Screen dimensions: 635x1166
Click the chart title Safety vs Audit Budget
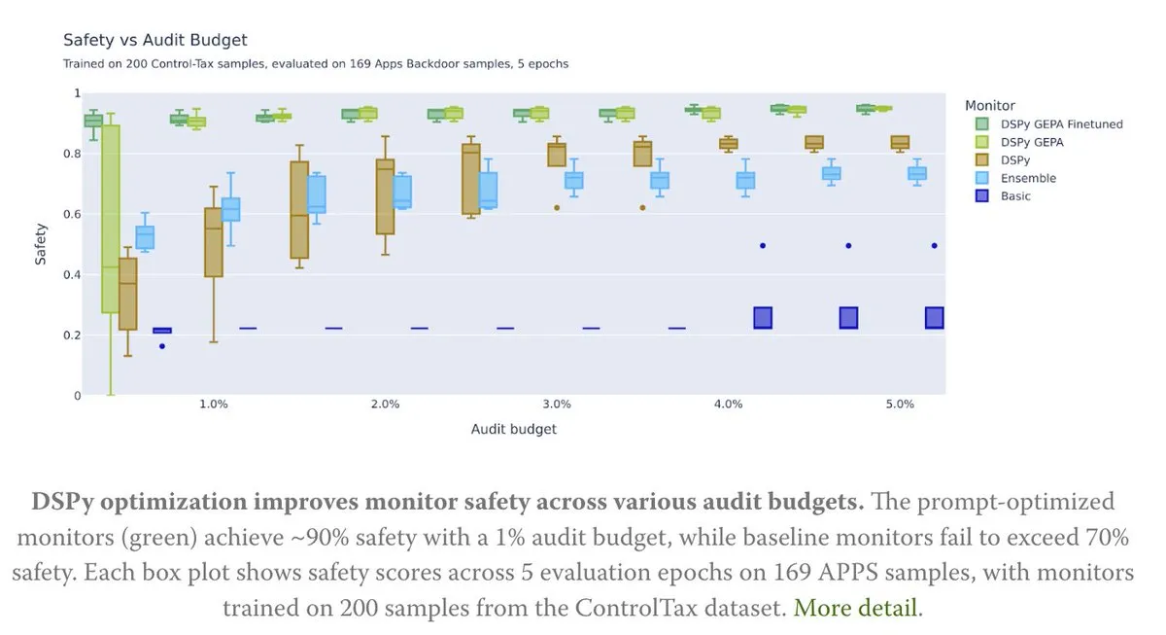pyautogui.click(x=155, y=40)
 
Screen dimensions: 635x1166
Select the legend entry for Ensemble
pyautogui.click(x=1029, y=179)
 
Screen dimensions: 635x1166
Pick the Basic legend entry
pyautogui.click(x=1016, y=196)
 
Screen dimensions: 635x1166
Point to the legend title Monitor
pyautogui.click(x=990, y=105)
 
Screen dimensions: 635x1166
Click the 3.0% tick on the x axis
pyautogui.click(x=557, y=405)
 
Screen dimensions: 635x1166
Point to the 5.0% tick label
pyautogui.click(x=900, y=405)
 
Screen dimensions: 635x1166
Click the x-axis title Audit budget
pyautogui.click(x=514, y=429)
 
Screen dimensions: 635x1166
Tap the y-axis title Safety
pyautogui.click(x=41, y=244)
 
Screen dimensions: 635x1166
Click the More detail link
pyautogui.click(x=855, y=609)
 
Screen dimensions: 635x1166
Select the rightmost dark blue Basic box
pyautogui.click(x=934, y=318)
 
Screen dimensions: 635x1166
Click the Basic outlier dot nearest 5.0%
pyautogui.click(x=934, y=246)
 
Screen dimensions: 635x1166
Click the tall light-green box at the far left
pyautogui.click(x=111, y=219)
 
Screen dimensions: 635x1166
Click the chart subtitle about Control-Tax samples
pyautogui.click(x=316, y=64)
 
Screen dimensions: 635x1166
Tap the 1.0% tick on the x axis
pyautogui.click(x=214, y=405)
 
